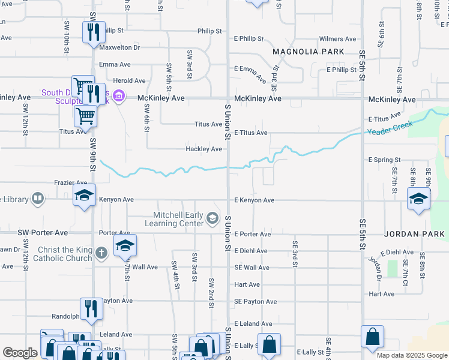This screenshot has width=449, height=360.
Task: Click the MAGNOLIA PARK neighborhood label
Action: pyautogui.click(x=309, y=52)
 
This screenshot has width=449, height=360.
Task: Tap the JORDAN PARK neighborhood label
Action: pyautogui.click(x=414, y=233)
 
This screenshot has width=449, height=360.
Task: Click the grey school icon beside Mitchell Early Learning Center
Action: pyautogui.click(x=212, y=218)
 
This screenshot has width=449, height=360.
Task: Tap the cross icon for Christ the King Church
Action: pyautogui.click(x=101, y=253)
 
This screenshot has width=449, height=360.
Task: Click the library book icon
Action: pyautogui.click(x=37, y=198)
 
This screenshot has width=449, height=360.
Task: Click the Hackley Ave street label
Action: pyautogui.click(x=204, y=149)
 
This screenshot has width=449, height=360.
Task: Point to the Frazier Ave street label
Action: pyautogui.click(x=70, y=182)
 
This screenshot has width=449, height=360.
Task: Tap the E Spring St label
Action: pyautogui.click(x=384, y=160)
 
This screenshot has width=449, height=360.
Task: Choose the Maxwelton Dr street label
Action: pyautogui.click(x=119, y=47)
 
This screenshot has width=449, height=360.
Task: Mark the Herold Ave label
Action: pyautogui.click(x=130, y=80)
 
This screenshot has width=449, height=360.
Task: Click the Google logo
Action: pyautogui.click(x=20, y=353)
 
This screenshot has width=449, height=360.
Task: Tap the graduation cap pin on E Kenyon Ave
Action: pyautogui.click(x=418, y=199)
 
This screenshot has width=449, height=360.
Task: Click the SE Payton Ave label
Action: pyautogui.click(x=255, y=301)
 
